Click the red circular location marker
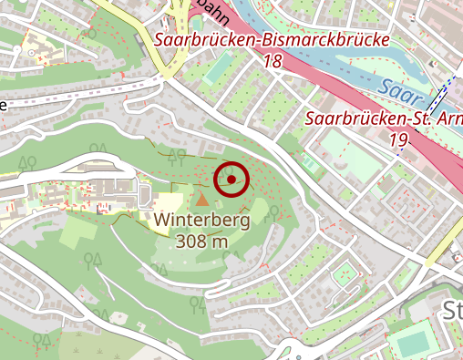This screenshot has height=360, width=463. point(231,180)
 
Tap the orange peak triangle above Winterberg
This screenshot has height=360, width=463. point(201,197)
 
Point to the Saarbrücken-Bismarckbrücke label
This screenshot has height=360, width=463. point(272,41)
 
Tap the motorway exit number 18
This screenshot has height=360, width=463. point(272,62)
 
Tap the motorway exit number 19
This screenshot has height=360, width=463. point(397,139)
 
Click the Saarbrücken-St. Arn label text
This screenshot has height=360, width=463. point(383,118)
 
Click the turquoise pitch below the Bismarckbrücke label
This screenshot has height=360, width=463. point(218,68)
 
